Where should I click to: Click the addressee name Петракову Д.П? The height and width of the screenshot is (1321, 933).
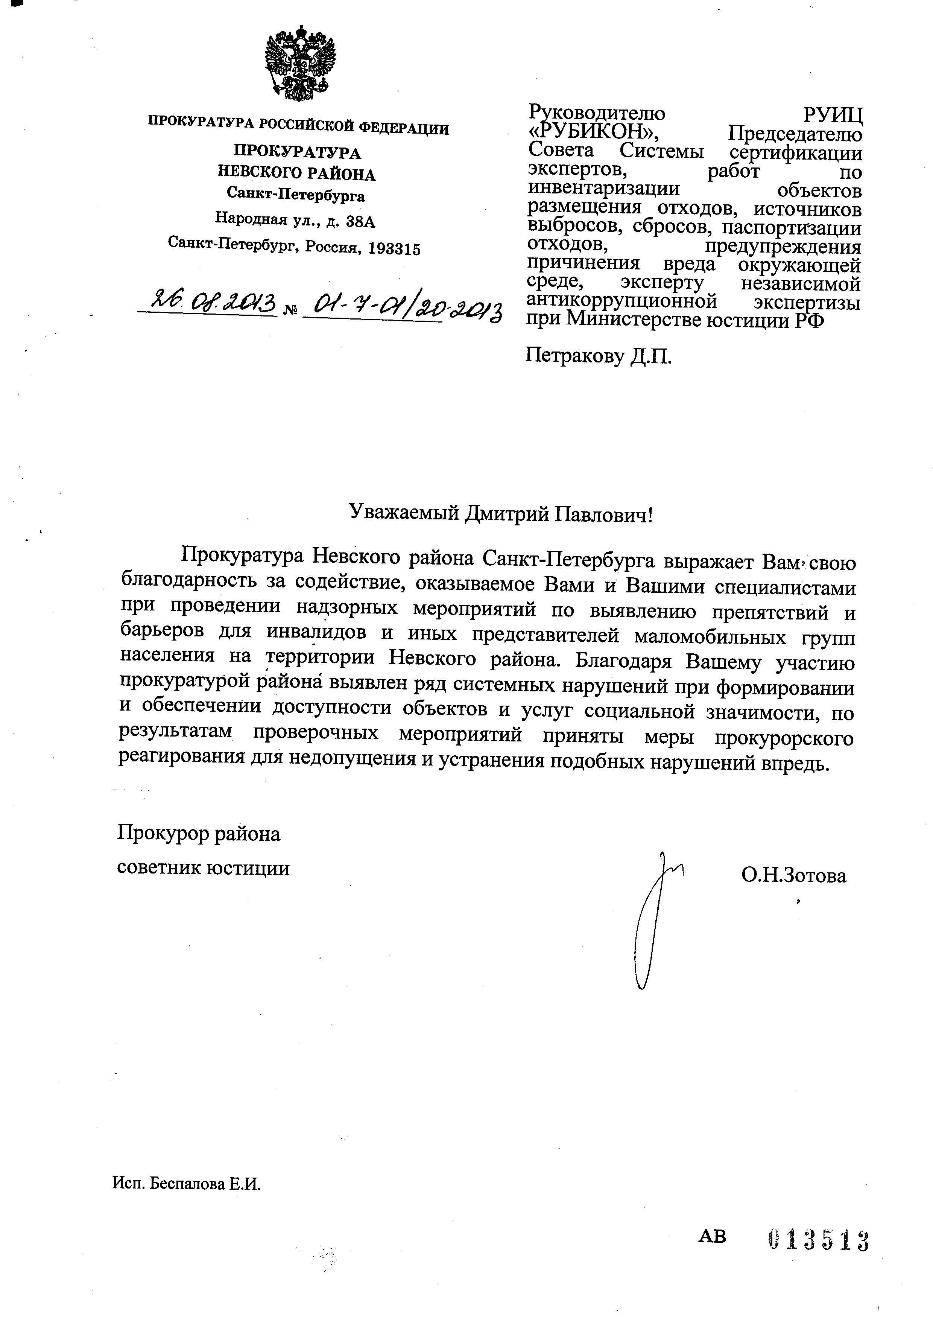598,357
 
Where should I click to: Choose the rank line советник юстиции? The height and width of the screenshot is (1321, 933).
203,867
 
